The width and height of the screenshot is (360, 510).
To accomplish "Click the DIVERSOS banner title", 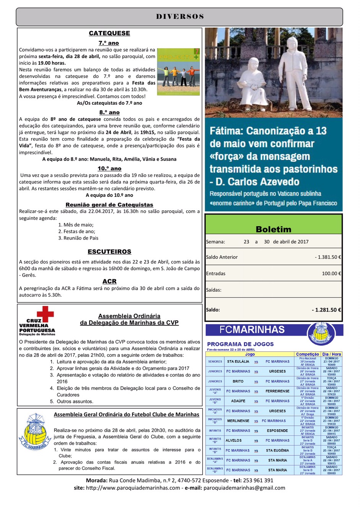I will click(180, 16).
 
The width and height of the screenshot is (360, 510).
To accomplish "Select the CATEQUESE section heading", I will click(109, 33).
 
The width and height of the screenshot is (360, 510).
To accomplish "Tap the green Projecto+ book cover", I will click(178, 71).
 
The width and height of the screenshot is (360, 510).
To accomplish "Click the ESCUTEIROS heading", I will click(109, 252).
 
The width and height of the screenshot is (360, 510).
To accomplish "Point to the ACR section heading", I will click(109, 281).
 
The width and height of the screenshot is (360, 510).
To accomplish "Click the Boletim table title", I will click(273, 229).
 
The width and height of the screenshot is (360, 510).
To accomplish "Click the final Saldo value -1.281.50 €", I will click(326, 310).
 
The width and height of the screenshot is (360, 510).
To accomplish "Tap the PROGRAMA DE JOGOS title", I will click(240, 344).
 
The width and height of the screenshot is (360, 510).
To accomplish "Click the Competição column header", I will click(307, 354).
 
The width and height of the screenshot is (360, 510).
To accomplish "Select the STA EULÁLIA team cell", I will click(238, 361).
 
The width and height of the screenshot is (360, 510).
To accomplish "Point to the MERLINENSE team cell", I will click(238, 421).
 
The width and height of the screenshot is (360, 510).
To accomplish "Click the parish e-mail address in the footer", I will click(244, 488).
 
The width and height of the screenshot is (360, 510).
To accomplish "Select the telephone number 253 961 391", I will click(259, 481).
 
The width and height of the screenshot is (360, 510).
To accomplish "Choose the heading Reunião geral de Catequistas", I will click(109, 205).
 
